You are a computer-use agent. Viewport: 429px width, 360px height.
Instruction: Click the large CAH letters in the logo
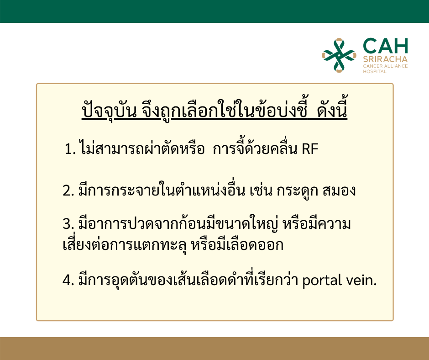(x=385, y=46)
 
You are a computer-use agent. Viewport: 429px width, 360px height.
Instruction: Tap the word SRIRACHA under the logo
(x=385, y=59)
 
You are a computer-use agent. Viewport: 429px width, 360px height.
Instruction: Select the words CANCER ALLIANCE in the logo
(x=385, y=66)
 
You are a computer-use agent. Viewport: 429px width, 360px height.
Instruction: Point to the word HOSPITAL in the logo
(x=375, y=72)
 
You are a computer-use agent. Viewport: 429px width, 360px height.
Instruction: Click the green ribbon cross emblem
(x=339, y=55)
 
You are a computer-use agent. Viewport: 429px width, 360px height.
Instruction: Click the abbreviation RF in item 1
(x=310, y=149)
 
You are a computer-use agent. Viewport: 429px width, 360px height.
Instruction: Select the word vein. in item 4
(x=361, y=280)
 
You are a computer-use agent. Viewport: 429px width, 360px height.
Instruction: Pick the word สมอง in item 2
(x=339, y=191)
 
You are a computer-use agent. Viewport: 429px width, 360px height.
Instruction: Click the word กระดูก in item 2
(x=297, y=191)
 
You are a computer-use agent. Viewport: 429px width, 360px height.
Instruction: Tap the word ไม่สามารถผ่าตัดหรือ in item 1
(x=142, y=148)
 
